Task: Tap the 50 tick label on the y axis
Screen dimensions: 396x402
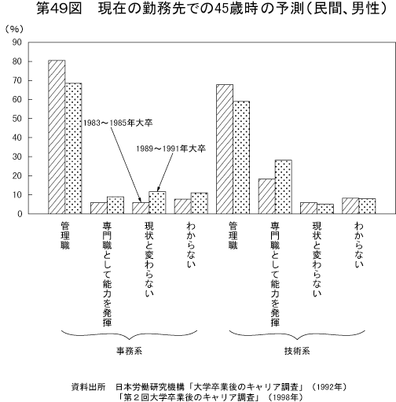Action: coord(16,119)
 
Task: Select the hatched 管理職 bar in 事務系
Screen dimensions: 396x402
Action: coord(57,137)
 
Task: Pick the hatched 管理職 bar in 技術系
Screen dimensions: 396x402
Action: coord(224,149)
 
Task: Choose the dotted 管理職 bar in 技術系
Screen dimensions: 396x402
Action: coord(240,157)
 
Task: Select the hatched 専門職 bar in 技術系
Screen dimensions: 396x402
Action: coord(266,196)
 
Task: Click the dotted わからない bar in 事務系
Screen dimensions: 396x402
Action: coord(199,203)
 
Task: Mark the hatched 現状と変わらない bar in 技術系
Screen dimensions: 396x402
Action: coord(309,208)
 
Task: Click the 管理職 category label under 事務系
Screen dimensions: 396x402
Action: coord(65,237)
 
